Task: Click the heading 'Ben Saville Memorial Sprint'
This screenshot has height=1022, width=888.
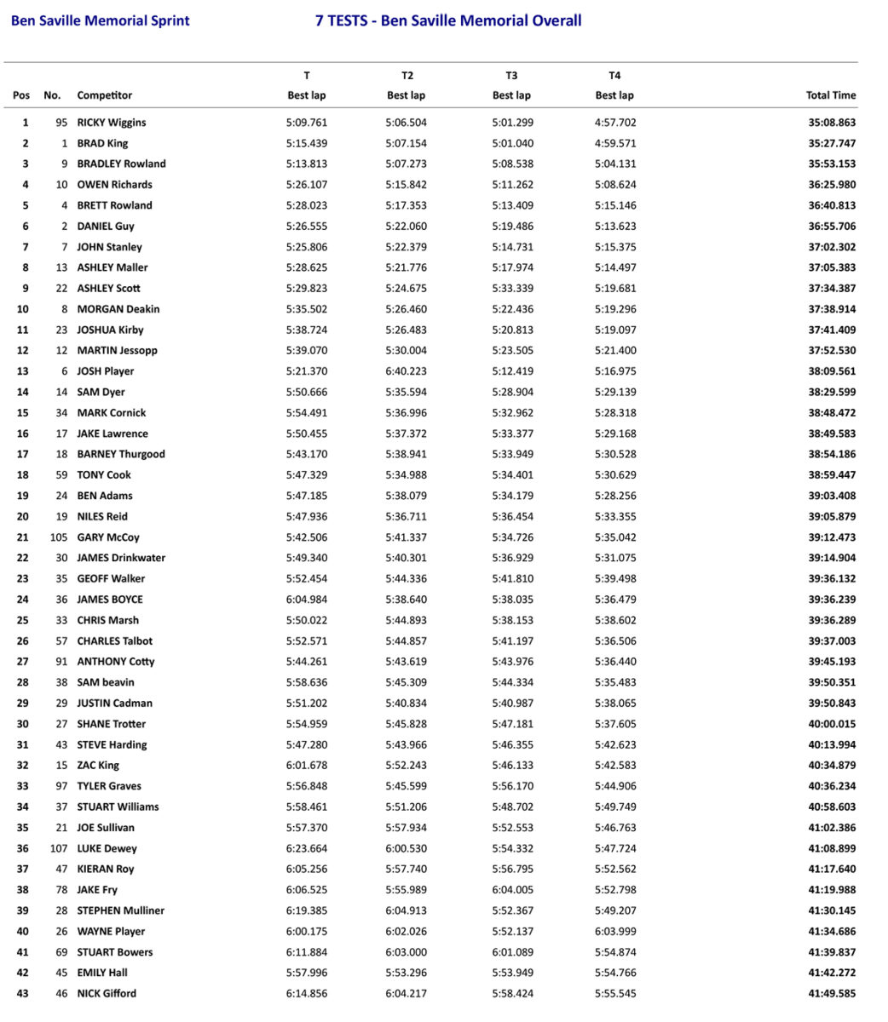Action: point(100,20)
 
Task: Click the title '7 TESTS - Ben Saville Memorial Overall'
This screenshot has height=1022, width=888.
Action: point(448,20)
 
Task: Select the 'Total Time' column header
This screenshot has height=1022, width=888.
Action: point(830,95)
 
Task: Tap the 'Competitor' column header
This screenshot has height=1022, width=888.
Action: point(104,95)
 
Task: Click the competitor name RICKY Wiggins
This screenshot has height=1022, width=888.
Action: point(112,123)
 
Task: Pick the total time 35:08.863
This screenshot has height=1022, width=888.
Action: point(831,123)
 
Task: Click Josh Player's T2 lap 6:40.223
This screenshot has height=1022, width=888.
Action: point(406,371)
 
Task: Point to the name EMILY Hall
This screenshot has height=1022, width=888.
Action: point(102,973)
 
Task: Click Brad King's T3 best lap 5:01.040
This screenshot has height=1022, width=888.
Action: point(511,143)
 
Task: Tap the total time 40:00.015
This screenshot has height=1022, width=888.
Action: point(831,724)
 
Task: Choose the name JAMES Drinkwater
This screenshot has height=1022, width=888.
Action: point(121,558)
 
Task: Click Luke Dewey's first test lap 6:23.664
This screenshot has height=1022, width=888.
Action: point(307,848)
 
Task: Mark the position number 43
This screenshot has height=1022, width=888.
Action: point(22,993)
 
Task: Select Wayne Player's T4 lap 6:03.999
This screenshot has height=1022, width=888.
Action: point(615,931)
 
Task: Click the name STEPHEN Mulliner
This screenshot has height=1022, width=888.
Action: point(121,910)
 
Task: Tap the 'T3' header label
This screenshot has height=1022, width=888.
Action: point(511,76)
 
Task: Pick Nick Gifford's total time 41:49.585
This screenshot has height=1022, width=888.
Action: point(831,993)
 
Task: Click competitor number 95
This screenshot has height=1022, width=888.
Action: point(61,123)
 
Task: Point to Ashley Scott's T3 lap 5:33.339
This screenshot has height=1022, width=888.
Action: point(511,289)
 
